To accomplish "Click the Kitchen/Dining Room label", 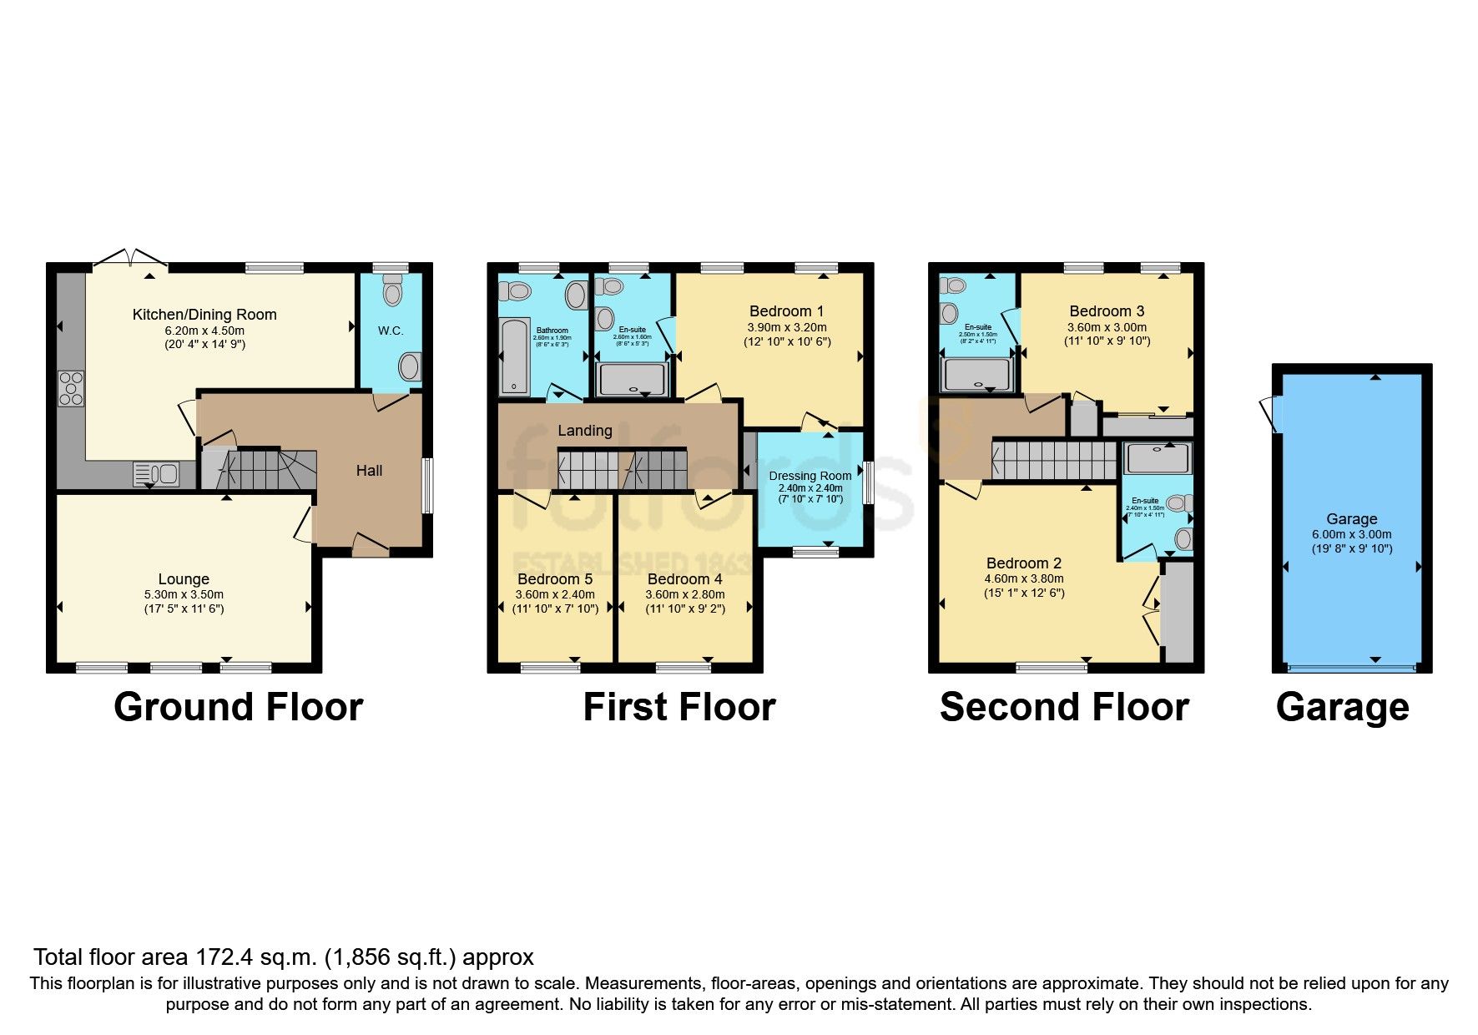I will [204, 315].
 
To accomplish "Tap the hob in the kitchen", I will [71, 388].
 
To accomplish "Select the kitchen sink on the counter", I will [156, 474].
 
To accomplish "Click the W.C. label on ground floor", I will [391, 331].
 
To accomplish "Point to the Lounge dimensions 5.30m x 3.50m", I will [184, 594].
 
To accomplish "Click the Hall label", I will [369, 471].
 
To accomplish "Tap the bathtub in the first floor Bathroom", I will [514, 356].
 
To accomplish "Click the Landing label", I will [584, 431].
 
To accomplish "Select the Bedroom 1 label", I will [786, 311].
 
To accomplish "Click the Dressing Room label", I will [810, 476].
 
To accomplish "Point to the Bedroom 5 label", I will [555, 579].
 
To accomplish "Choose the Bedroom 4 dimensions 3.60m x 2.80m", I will [684, 594].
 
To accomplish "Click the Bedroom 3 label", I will [1107, 311].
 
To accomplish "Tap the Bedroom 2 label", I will [1024, 563].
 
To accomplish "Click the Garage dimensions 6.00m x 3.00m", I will [1351, 534].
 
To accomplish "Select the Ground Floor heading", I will [238, 707].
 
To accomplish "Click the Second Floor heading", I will [1064, 707].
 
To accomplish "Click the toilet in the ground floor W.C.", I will [392, 291].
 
